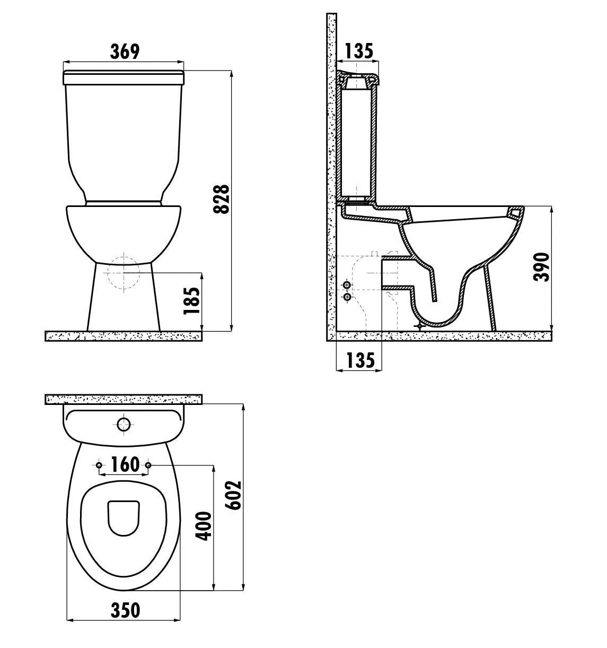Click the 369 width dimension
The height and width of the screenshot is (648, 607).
[125, 51]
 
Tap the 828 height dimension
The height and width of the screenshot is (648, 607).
[222, 200]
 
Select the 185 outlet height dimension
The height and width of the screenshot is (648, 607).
[192, 301]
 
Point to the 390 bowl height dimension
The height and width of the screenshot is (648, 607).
[541, 266]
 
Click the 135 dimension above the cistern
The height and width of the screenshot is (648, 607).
[358, 51]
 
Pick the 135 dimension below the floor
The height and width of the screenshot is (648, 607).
[360, 360]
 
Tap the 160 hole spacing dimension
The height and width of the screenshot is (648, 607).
[125, 464]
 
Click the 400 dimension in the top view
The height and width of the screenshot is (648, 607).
[204, 526]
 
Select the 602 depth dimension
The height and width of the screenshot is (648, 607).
[233, 495]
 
